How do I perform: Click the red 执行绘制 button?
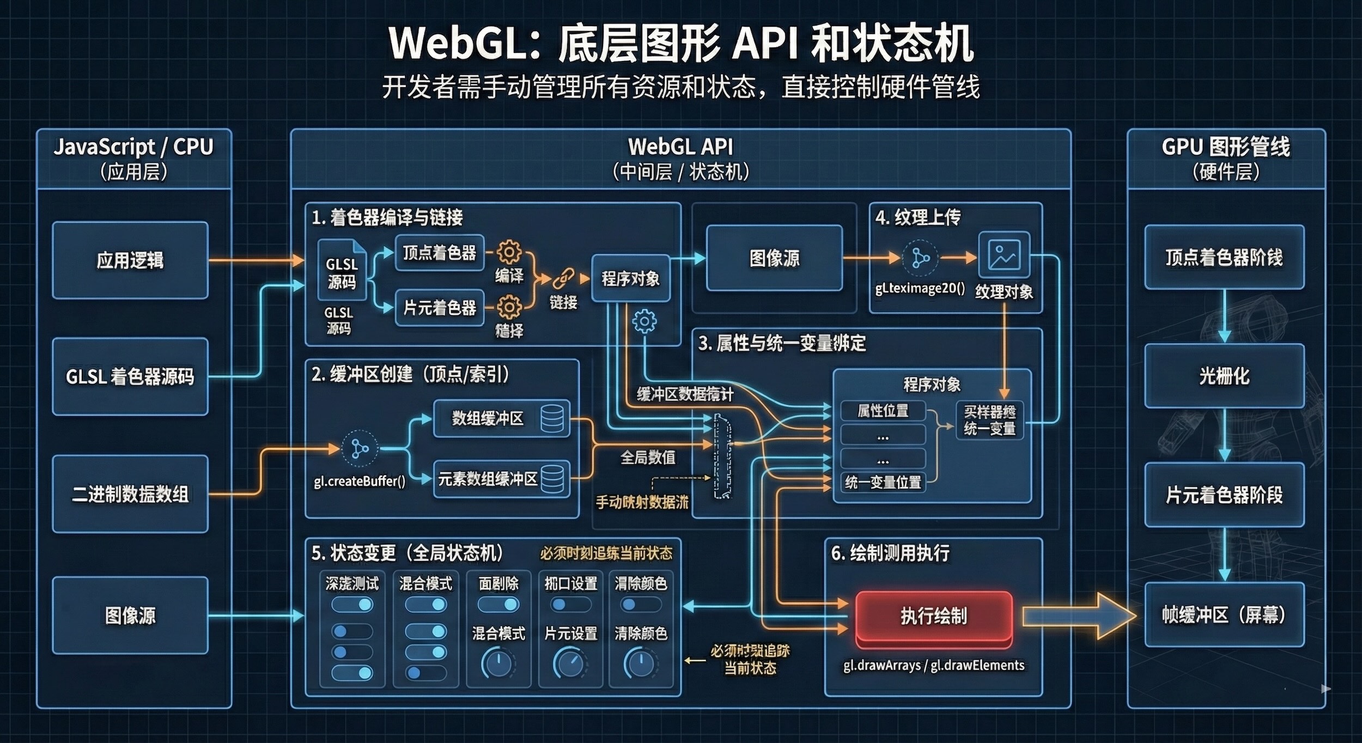pos(934,617)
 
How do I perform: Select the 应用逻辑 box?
pos(130,260)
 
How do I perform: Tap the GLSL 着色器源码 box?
pos(130,376)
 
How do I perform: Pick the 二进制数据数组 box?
pos(130,494)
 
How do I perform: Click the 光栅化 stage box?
pos(1224,376)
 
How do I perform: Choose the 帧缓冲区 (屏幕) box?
pos(1224,615)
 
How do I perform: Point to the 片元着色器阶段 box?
pos(1224,495)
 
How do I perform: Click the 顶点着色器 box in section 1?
pos(439,253)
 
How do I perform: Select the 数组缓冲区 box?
pos(501,418)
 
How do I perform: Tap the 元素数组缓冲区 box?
pos(501,479)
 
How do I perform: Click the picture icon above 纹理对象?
pos(1004,255)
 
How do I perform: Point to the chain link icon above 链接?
pos(563,279)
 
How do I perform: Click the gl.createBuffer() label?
pos(360,481)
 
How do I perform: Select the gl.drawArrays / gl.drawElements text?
pos(934,665)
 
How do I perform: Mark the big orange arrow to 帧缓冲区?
pos(1078,616)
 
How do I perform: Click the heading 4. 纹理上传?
pos(918,217)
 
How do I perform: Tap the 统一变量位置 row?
pos(883,482)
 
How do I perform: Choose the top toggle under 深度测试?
pos(352,605)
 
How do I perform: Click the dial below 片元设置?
pos(570,663)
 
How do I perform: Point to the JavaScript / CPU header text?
pos(133,147)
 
